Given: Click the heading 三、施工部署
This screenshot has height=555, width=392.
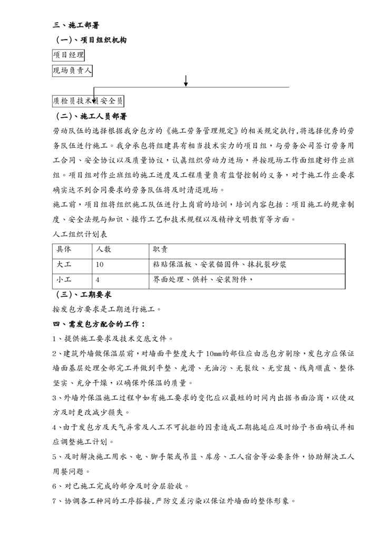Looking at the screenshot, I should coord(77,25).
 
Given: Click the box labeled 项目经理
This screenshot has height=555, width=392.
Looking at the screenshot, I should coord(68,54).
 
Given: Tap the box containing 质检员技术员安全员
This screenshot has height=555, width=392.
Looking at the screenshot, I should coord(88,100).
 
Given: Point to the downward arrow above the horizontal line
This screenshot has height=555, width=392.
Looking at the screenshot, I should coord(186,81).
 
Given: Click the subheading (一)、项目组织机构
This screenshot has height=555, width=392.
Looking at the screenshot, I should coord(91,40).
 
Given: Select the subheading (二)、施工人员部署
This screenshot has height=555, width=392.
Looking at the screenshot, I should coord(91,116).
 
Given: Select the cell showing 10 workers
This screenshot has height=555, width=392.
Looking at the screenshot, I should coord(101,265).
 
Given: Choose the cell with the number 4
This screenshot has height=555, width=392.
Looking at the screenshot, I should coord(98,280).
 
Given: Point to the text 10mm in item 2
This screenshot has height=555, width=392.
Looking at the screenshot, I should coord(216,353).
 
